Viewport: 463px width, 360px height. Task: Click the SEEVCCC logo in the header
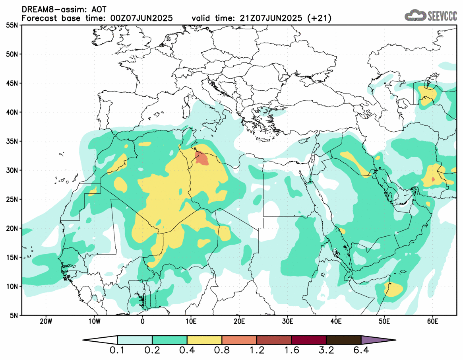[431, 16]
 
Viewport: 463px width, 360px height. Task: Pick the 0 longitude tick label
[142, 321]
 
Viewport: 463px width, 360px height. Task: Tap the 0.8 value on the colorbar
[221, 351]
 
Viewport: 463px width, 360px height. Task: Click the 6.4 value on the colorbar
[360, 351]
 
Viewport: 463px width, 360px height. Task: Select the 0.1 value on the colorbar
[117, 351]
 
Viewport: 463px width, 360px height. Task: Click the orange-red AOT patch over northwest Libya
[202, 158]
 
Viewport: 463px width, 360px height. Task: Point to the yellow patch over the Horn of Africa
[394, 290]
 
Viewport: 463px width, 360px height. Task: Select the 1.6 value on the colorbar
[291, 351]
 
